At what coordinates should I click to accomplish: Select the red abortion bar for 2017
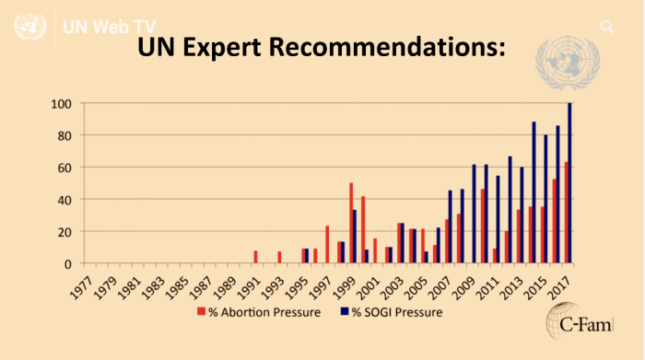[566, 213]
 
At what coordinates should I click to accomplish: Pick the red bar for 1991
[255, 257]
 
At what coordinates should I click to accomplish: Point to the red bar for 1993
[279, 258]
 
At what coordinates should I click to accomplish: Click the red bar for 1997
[327, 245]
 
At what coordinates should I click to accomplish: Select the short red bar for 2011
[494, 256]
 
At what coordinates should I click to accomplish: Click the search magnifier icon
[606, 26]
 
